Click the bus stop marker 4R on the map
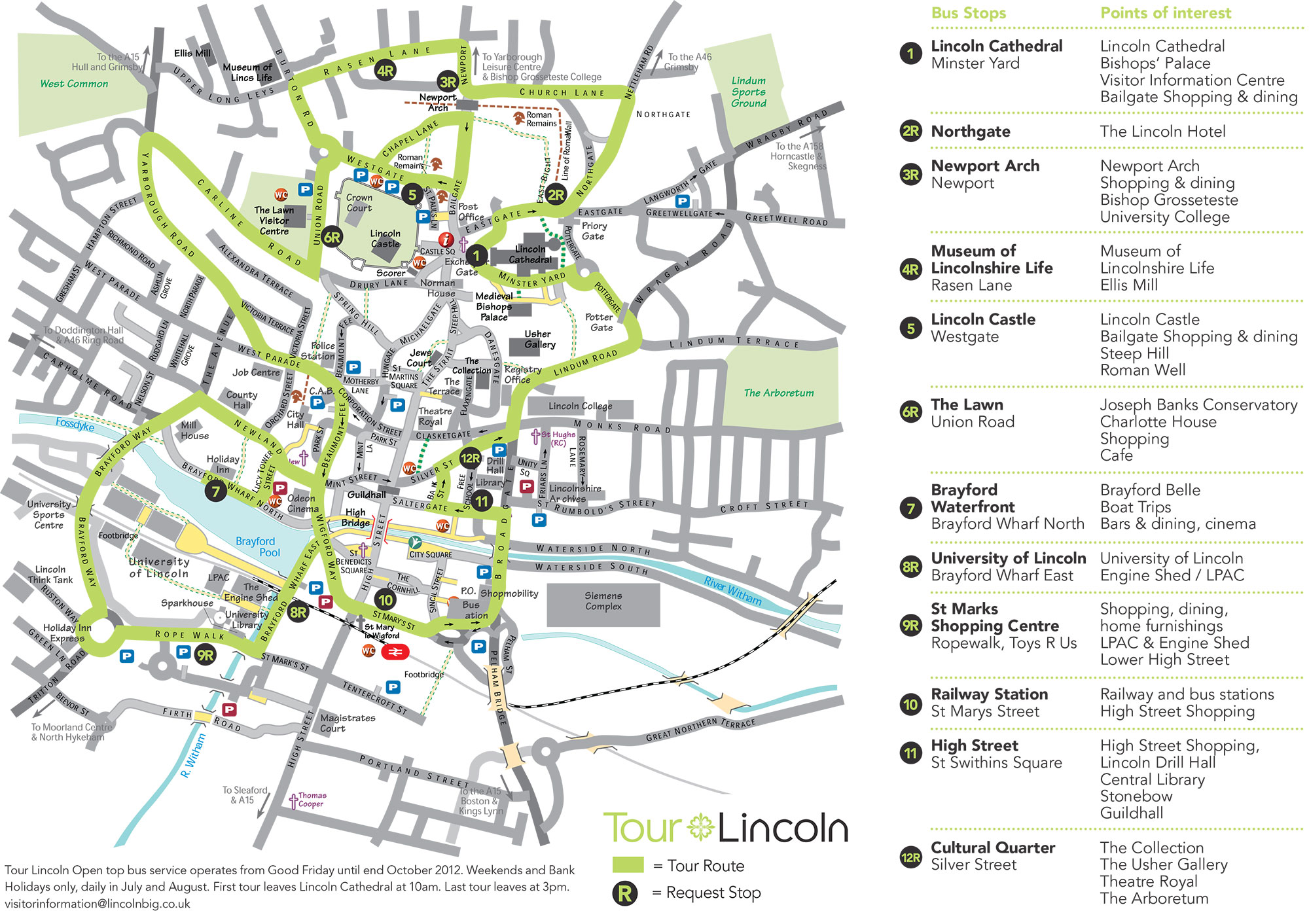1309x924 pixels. [x=385, y=71]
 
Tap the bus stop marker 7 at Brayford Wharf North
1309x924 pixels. [x=215, y=491]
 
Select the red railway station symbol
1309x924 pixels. [x=395, y=652]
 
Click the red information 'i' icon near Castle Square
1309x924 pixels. [x=446, y=240]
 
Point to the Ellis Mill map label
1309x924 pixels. [x=192, y=53]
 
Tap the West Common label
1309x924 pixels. [x=74, y=84]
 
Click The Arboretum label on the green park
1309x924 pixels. [x=778, y=393]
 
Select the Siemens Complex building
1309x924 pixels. [x=603, y=601]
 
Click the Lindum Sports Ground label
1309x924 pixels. [x=749, y=92]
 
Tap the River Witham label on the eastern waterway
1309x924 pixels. [x=732, y=590]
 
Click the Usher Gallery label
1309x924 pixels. [x=539, y=339]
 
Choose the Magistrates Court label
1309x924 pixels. [x=348, y=722]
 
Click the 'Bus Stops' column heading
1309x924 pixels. [x=968, y=13]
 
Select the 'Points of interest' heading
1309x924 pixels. [x=1165, y=13]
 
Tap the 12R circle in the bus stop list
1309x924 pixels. [x=910, y=857]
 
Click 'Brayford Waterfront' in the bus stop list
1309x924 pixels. [x=973, y=498]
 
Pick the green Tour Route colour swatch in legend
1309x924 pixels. [x=628, y=865]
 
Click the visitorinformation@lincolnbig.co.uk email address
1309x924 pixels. [x=98, y=904]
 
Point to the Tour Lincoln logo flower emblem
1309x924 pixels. [x=701, y=827]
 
